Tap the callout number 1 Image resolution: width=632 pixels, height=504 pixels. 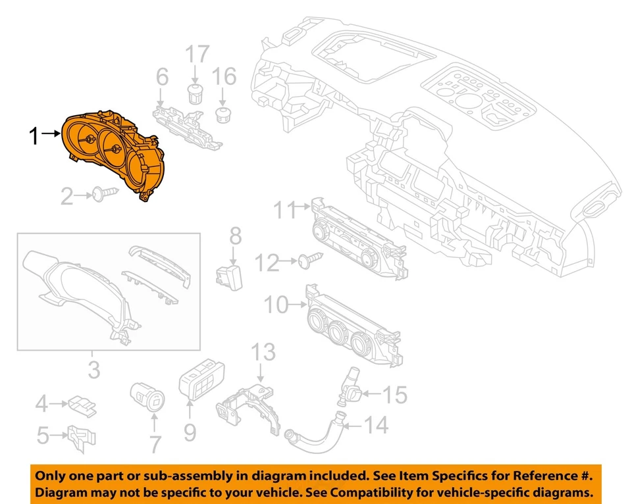(x=36, y=137)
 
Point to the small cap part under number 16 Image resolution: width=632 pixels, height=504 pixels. (x=224, y=116)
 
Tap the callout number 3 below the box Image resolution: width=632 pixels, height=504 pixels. (x=95, y=369)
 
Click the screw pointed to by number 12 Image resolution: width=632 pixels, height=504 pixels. (x=309, y=261)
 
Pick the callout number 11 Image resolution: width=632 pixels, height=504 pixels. (x=285, y=211)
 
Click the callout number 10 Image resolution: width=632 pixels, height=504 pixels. (x=276, y=305)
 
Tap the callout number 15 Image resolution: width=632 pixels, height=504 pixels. (x=396, y=395)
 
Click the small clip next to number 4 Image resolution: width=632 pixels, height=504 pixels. (x=82, y=402)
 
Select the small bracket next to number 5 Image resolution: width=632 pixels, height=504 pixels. (x=83, y=436)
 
